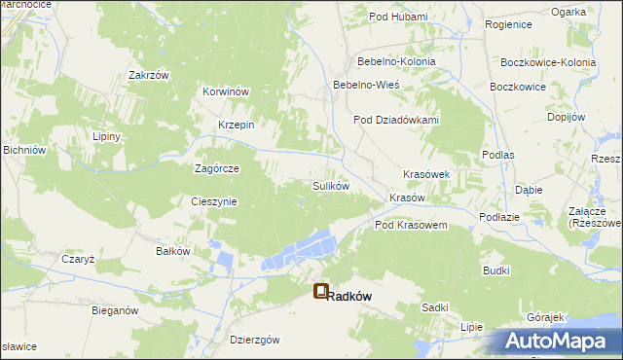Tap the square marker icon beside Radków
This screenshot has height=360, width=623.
click(x=321, y=291)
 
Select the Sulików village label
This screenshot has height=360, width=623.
click(x=330, y=185)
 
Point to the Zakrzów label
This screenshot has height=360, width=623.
click(x=149, y=74)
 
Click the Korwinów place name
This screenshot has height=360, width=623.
click(x=227, y=91)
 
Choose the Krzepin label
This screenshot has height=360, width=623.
click(x=237, y=125)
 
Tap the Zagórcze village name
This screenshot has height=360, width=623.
click(x=217, y=167)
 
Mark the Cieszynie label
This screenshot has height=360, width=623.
click(x=213, y=201)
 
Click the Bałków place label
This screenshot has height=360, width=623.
click(x=172, y=250)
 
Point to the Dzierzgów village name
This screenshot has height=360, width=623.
click(x=255, y=340)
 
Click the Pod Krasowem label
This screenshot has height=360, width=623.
click(x=411, y=225)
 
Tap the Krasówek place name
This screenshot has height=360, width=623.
click(x=426, y=174)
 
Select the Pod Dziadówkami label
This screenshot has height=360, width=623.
click(x=396, y=120)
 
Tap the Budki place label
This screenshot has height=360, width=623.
click(x=495, y=271)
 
